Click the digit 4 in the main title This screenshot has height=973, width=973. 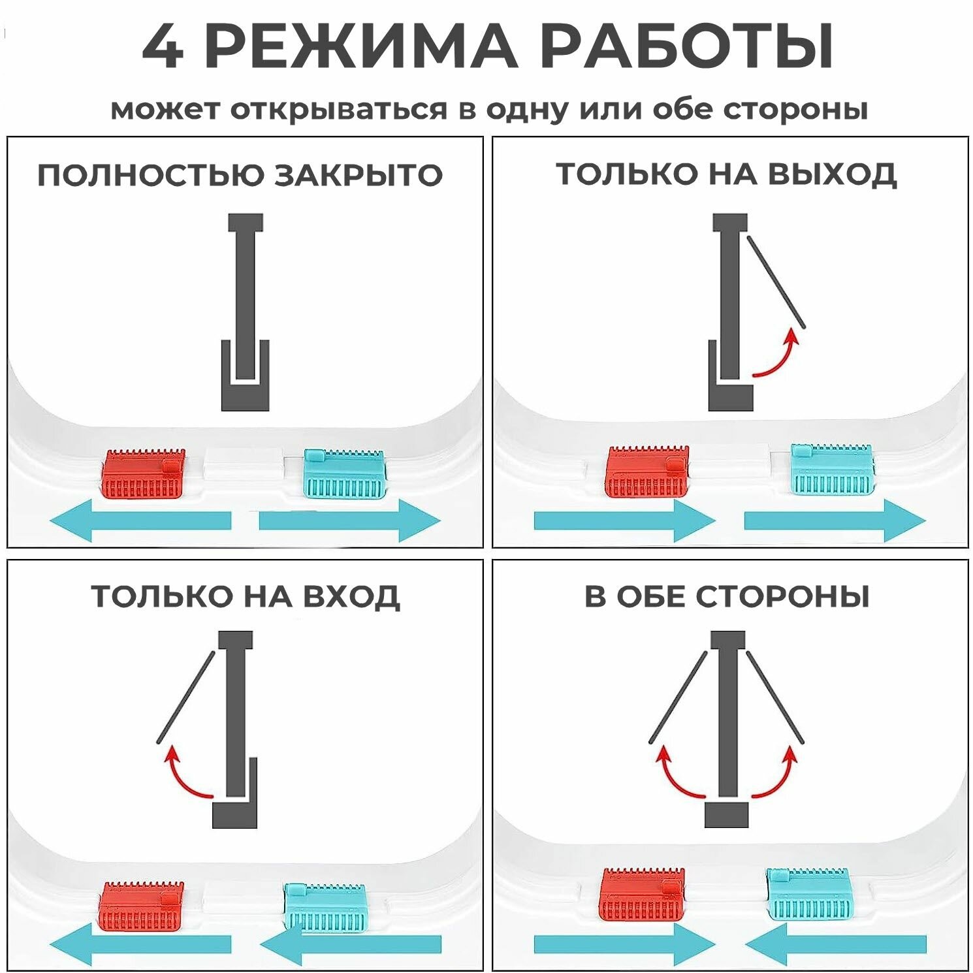[163, 47]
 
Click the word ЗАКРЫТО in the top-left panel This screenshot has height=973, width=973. [358, 175]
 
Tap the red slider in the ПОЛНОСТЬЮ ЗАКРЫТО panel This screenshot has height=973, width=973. [143, 473]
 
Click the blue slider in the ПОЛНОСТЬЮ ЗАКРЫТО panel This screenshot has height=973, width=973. [345, 473]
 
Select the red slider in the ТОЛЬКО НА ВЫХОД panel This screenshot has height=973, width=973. [647, 471]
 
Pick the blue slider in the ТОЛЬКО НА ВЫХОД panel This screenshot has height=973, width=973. [831, 469]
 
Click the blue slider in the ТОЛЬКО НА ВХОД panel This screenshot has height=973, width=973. [325, 906]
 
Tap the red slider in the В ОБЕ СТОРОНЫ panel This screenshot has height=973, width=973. [642, 893]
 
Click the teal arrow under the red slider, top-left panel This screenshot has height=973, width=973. [140, 520]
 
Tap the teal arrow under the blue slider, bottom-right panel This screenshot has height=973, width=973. [836, 944]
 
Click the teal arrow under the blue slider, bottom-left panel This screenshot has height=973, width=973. [351, 944]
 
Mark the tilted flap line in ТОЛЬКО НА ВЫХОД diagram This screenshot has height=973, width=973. [776, 282]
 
